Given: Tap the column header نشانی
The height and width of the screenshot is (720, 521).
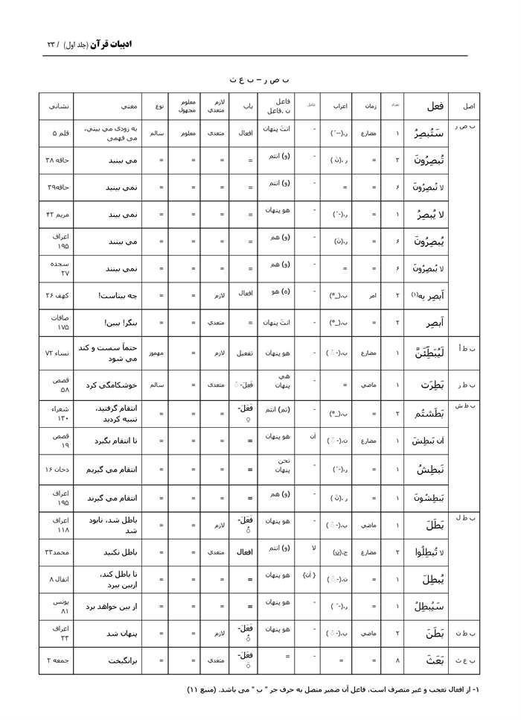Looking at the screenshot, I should [56, 106].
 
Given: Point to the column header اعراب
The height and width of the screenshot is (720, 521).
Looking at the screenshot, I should [339, 106].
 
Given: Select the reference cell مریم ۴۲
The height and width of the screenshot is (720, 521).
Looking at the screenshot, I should [57, 215].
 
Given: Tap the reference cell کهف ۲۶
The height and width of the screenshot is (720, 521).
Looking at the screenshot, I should [57, 295].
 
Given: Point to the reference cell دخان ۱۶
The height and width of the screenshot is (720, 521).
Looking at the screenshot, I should [57, 470].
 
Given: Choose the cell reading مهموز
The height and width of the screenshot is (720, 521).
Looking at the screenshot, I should [156, 350].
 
